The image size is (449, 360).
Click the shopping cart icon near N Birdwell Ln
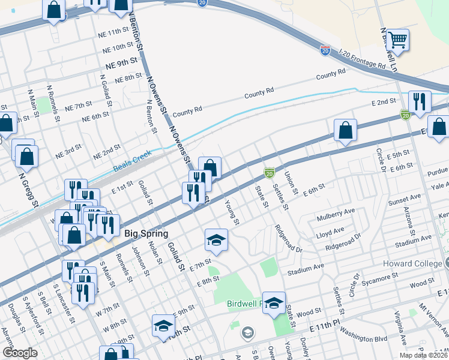397,40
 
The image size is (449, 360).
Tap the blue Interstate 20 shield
325,51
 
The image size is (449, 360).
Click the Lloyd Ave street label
330,231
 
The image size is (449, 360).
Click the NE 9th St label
122,62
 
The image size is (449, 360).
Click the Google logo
20,352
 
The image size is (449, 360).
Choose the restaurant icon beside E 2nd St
418,101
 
